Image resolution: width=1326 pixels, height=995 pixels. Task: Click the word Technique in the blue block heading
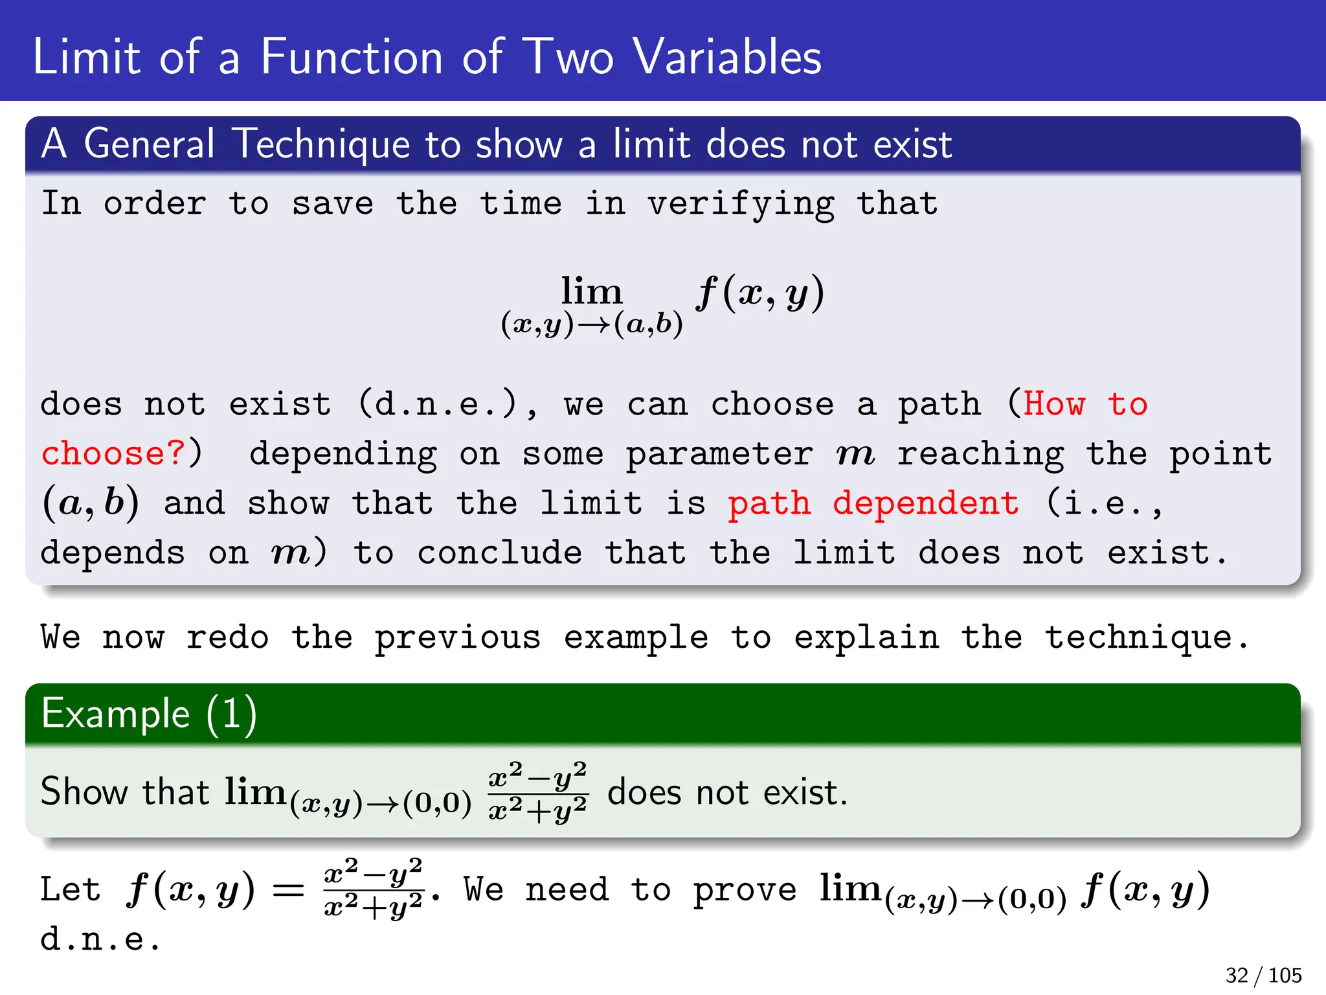321,143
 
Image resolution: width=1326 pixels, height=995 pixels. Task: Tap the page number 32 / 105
1263,975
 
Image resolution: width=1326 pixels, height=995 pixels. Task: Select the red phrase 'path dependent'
873,503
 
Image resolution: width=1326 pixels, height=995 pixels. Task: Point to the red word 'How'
1054,404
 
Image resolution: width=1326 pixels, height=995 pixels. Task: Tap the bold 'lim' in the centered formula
591,291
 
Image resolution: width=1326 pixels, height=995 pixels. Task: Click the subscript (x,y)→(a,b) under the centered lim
592,324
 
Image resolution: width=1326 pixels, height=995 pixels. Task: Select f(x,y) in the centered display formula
760,293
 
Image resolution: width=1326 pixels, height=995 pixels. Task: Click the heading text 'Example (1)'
149,714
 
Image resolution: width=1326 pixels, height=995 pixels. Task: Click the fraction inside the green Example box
537,792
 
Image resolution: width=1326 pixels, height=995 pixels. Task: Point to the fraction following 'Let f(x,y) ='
374,888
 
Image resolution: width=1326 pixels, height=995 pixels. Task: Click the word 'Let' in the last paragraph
71,889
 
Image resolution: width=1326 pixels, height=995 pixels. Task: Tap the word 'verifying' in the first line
741,204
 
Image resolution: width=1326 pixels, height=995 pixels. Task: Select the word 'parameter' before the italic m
719,453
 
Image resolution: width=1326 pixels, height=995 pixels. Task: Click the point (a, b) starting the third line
91,503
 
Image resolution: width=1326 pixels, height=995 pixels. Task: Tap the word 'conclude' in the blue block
499,553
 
